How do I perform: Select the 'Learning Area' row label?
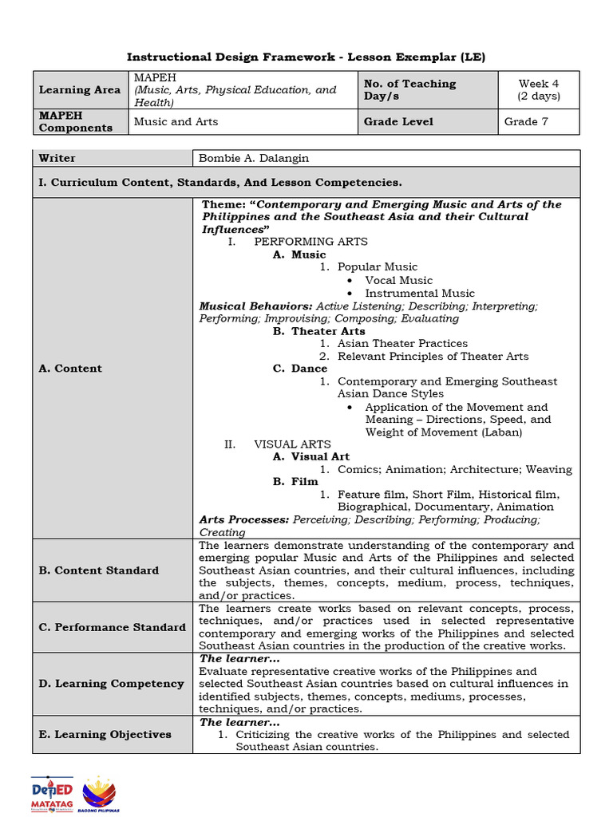coord(80,90)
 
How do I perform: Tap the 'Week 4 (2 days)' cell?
coord(539,90)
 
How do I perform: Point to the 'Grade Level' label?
coord(398,121)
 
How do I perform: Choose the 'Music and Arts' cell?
coord(176,121)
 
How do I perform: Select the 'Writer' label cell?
coord(57,158)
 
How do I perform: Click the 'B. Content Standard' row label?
coord(99,570)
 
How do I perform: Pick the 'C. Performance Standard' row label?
coord(112,627)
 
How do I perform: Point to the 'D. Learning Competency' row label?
coord(111,684)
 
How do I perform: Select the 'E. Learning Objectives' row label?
coord(105,734)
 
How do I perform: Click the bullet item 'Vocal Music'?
coord(398,280)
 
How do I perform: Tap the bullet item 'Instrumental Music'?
coord(419,293)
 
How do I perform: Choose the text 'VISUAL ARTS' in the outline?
coord(292,444)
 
